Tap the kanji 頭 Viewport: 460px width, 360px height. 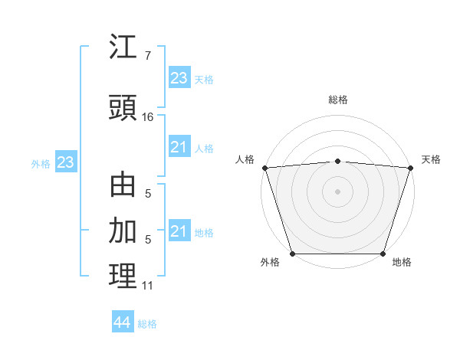pos(123,108)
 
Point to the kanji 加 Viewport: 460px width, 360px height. pos(123,231)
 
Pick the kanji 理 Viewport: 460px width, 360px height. pos(123,277)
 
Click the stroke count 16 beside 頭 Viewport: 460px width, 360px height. pos(148,117)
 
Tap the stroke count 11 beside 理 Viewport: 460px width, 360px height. pos(148,286)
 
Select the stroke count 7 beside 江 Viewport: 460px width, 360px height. pos(148,56)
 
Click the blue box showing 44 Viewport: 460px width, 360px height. pos(122,322)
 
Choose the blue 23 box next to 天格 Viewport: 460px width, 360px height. pos(179,77)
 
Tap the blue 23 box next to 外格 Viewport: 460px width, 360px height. pos(65,162)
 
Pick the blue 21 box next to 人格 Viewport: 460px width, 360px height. pos(179,146)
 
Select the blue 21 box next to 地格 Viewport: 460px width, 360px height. pos(179,231)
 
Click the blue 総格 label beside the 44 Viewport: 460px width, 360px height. pos(147,324)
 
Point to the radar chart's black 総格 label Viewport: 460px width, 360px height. pos(338,100)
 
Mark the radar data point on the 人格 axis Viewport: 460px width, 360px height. pos(264,168)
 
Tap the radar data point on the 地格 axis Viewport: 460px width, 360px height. pos(383,254)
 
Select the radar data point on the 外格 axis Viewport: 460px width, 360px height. pos(293,254)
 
